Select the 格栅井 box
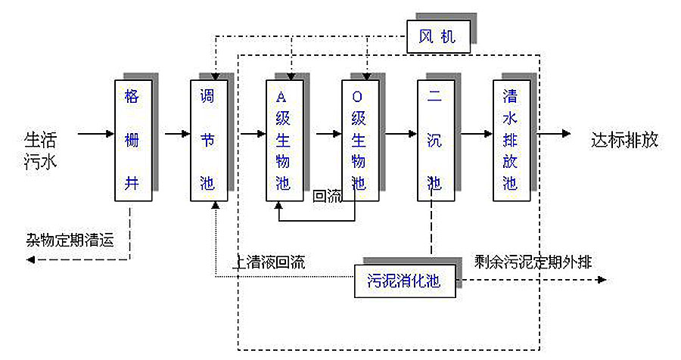coord(132,140)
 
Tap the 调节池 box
coord(208,140)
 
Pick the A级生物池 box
coord(285,140)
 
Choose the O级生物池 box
coord(360,140)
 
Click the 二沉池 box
coord(435,140)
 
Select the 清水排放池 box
coord(511,140)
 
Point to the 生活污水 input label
coord(41,151)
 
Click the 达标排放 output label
coord(624,141)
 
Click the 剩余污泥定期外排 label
coord(533,261)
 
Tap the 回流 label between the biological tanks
coord(327,196)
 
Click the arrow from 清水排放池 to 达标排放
coord(556,135)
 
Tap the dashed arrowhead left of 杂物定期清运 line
coord(31,259)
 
